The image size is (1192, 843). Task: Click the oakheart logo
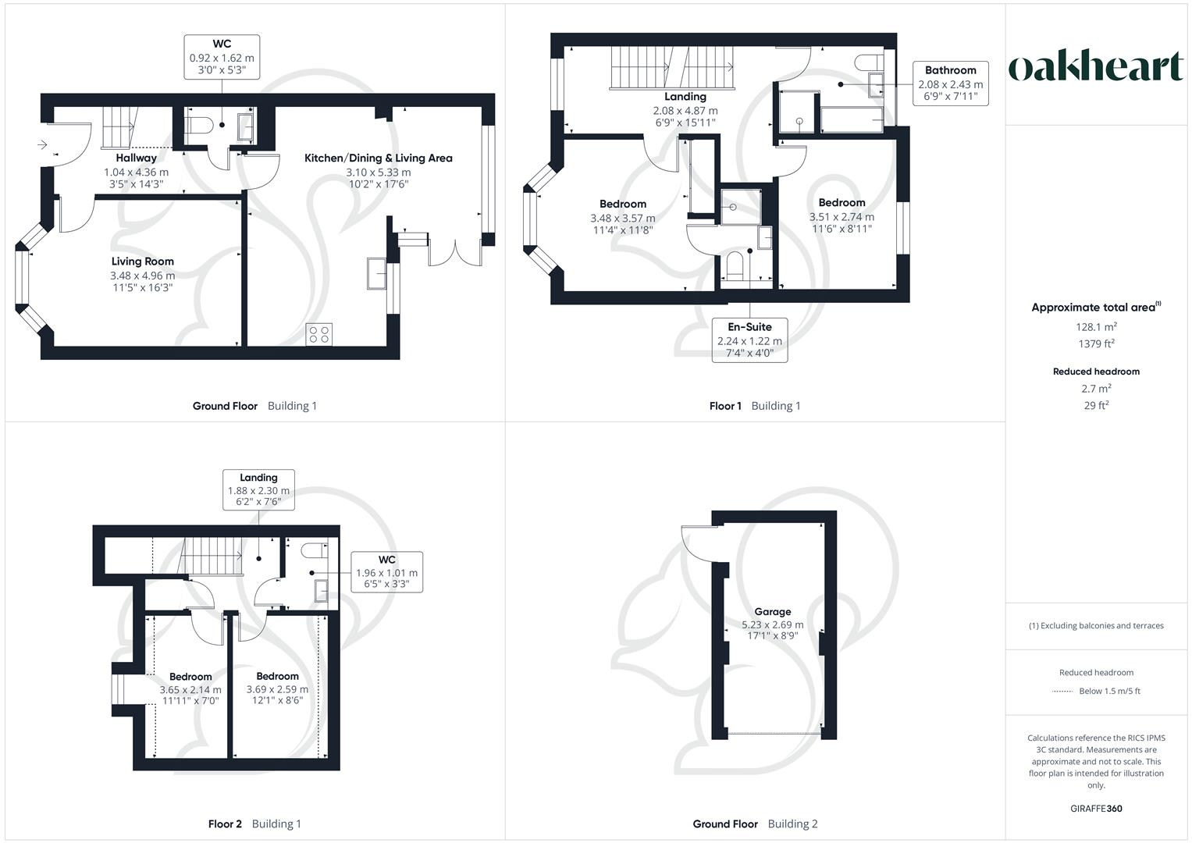1096,67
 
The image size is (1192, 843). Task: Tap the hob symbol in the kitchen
319,334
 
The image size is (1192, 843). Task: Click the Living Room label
142,261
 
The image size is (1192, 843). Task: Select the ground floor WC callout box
222,57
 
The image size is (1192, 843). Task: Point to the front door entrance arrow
42,144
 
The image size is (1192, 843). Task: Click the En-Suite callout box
749,340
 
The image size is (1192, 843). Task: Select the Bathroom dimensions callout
950,84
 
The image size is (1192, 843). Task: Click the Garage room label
772,612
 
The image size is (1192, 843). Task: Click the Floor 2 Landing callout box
258,489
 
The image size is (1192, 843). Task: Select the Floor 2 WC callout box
386,571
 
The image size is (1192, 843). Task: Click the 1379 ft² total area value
1096,343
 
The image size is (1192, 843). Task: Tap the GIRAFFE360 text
1096,809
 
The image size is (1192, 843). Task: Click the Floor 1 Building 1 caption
754,406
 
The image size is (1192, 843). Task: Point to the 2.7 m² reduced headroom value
1096,389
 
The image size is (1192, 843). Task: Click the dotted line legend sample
1062,692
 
